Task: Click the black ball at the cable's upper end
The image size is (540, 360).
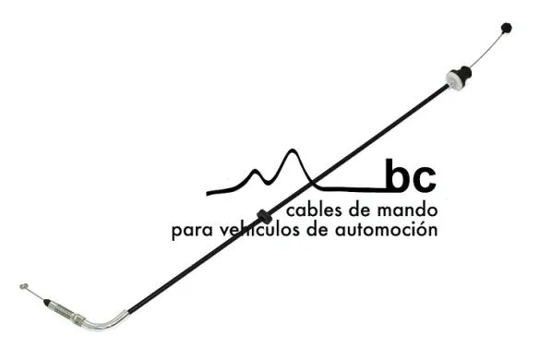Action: [x=505, y=29]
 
